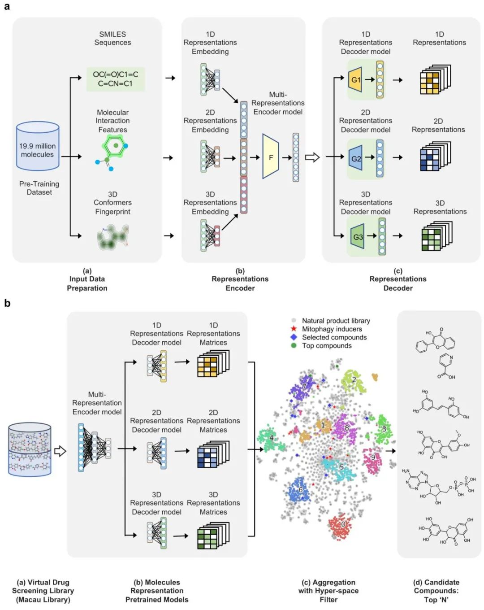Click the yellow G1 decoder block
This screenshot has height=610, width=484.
(355, 80)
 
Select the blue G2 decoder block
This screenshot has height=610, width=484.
(355, 158)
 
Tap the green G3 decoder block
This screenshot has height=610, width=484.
(357, 236)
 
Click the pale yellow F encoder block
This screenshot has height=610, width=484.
(271, 157)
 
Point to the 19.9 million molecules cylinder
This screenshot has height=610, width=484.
(38, 146)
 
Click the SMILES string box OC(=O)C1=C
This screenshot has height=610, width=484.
(116, 79)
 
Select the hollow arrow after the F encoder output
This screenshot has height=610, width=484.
(312, 157)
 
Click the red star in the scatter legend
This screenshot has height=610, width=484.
(294, 329)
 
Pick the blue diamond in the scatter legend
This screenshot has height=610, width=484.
(294, 337)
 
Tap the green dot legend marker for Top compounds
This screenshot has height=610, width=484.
(294, 345)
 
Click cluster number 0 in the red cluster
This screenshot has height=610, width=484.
(343, 524)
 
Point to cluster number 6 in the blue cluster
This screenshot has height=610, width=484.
(300, 490)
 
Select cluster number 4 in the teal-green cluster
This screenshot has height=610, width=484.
(271, 438)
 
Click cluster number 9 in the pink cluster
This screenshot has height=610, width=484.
(373, 457)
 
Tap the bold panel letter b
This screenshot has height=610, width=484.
(7, 303)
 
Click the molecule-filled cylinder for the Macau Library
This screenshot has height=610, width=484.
(30, 449)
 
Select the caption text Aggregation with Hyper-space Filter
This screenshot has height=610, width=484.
(328, 591)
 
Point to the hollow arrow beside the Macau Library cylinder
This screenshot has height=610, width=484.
(60, 451)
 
